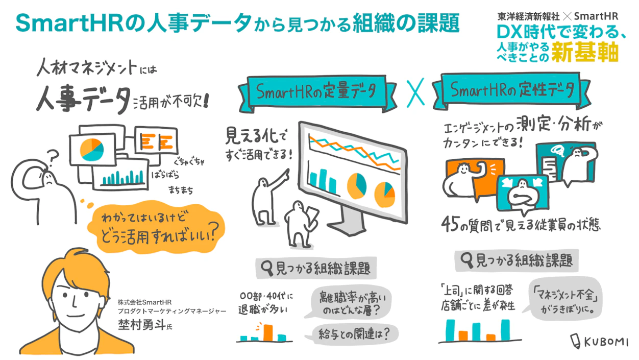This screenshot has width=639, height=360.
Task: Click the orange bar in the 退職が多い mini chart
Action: tap(267, 332)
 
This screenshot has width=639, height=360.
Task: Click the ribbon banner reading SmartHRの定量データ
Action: tap(316, 92)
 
